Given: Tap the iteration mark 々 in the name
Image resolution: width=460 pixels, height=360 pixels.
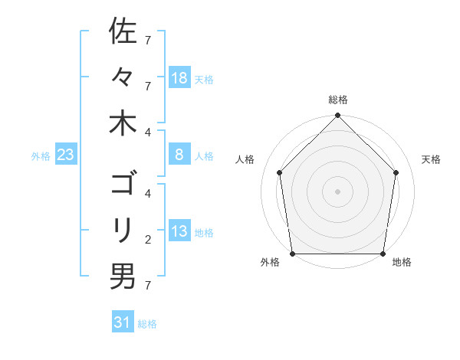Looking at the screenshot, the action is (123, 77).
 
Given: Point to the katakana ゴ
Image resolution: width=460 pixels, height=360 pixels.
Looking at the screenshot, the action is (123, 185).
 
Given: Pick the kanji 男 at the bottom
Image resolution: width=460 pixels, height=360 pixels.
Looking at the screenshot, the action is (123, 276).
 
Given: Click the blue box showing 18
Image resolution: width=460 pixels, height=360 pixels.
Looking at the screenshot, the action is (179, 77).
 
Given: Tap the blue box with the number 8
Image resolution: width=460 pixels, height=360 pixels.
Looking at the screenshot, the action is (179, 155).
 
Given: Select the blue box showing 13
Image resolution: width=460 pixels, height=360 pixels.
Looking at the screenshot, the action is (179, 231).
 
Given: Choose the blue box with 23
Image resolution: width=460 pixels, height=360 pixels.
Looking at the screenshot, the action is (66, 155).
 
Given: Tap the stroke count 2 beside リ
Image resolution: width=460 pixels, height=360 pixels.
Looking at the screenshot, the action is (148, 240).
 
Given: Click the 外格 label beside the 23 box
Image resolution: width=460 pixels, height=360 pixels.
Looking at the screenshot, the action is (41, 156).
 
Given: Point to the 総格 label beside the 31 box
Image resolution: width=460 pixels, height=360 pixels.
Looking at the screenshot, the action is (147, 324).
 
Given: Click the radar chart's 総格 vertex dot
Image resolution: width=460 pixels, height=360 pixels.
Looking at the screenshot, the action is (337, 116).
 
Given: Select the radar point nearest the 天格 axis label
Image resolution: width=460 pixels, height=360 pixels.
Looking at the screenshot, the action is (396, 172).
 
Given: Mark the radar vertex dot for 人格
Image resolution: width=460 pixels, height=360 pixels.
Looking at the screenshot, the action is (279, 172).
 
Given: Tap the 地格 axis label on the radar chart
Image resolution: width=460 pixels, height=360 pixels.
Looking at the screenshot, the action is (402, 263).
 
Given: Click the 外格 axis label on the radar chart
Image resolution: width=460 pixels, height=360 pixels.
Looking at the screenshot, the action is (270, 263).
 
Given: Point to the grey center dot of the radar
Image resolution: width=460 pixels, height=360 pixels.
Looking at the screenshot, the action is (337, 191).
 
